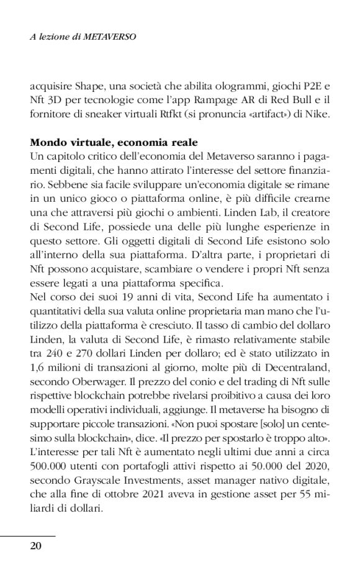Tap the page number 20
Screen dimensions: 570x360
click(x=36, y=546)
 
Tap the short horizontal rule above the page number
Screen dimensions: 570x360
click(x=28, y=536)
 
